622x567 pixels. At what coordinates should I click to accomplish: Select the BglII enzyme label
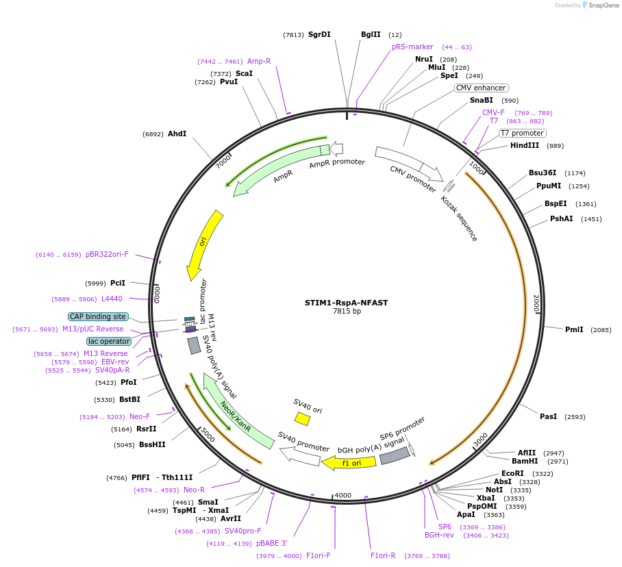tap(371, 34)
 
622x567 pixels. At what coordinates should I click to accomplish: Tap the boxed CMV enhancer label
tap(481, 88)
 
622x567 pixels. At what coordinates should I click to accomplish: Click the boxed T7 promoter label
tap(522, 133)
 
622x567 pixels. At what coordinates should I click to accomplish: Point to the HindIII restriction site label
tap(525, 146)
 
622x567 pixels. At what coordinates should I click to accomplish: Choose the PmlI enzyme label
tap(574, 329)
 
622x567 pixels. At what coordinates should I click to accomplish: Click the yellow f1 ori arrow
tap(349, 463)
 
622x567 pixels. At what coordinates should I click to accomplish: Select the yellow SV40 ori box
tap(302, 418)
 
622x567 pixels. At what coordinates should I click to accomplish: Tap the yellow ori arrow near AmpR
tap(204, 243)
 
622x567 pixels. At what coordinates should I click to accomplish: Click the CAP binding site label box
tap(98, 317)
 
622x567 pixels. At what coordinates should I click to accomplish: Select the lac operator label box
tap(108, 341)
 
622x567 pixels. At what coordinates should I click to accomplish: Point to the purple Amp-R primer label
tap(259, 61)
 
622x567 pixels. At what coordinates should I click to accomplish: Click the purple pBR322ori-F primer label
tap(107, 254)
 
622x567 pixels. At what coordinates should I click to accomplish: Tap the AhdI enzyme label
tap(177, 134)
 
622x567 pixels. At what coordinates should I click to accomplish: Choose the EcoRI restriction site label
tap(512, 473)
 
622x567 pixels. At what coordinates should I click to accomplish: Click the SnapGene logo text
tap(602, 5)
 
